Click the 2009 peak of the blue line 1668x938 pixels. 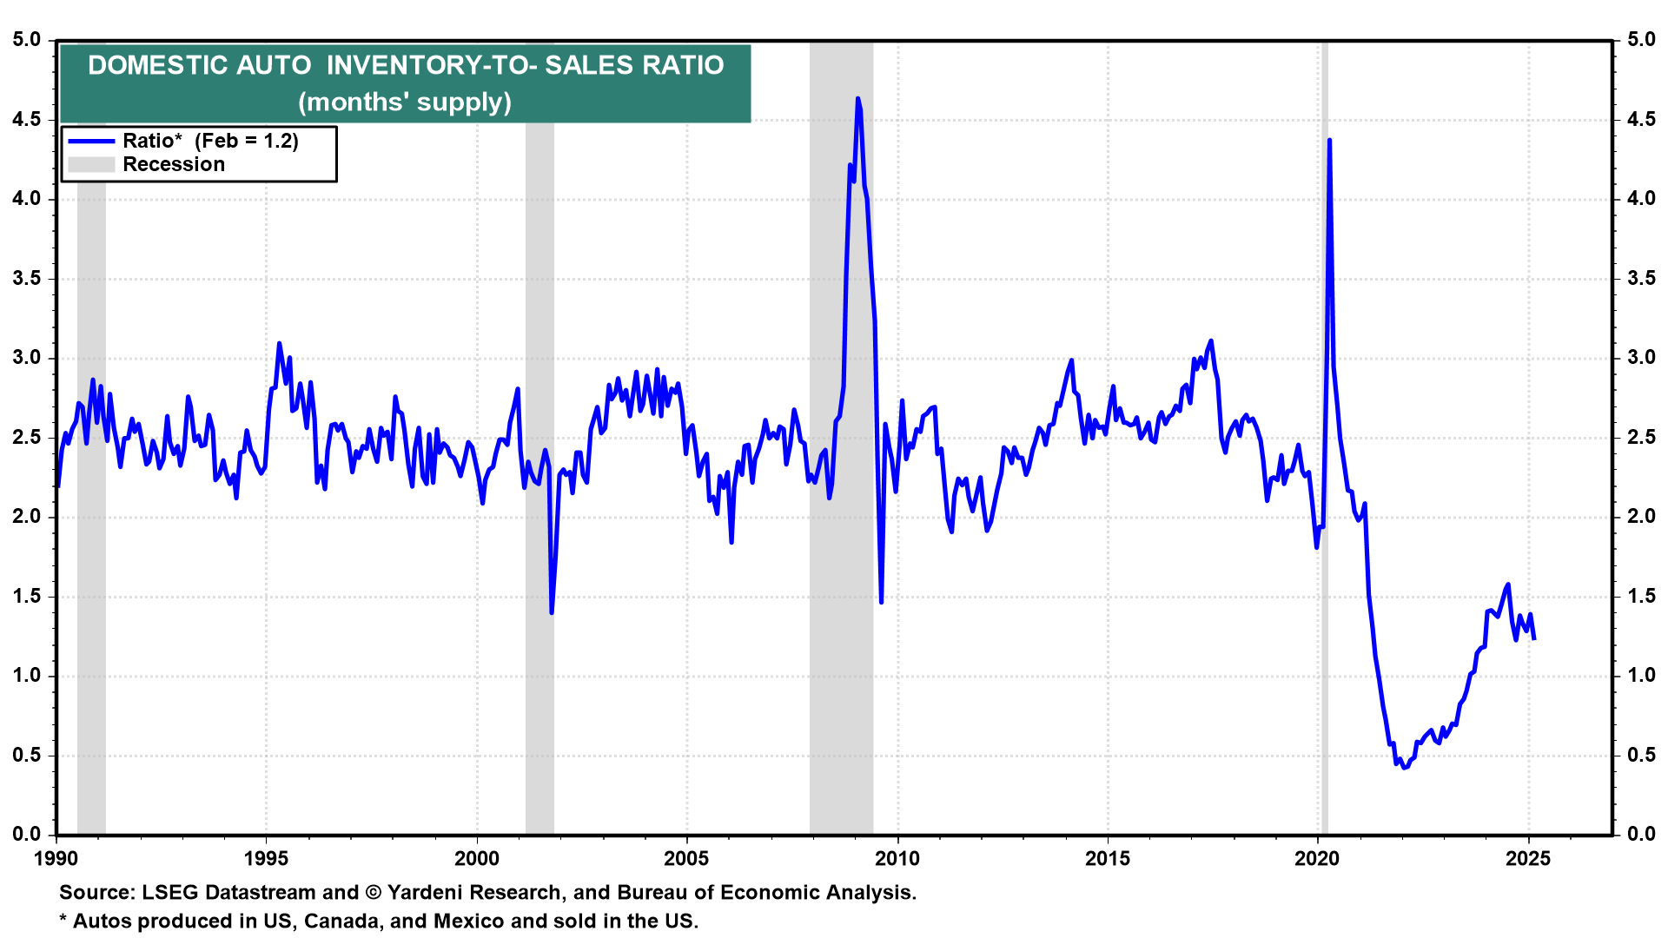857,99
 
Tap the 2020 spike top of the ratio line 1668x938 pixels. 1329,140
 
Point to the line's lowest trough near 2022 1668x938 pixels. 1405,768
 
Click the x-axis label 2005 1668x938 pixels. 686,859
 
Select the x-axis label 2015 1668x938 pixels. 1108,859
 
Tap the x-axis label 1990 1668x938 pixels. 56,859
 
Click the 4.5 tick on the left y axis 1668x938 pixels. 26,119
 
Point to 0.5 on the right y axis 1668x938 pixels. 1641,755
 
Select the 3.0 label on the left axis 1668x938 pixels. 26,358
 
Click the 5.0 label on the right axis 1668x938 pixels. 1641,40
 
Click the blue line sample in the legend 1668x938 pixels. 91,142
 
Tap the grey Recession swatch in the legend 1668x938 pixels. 91,165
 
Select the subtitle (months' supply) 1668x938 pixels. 405,102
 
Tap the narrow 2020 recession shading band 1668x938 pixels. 1324,434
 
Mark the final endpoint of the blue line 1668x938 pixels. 1534,639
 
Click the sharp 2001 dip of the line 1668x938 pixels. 552,612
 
